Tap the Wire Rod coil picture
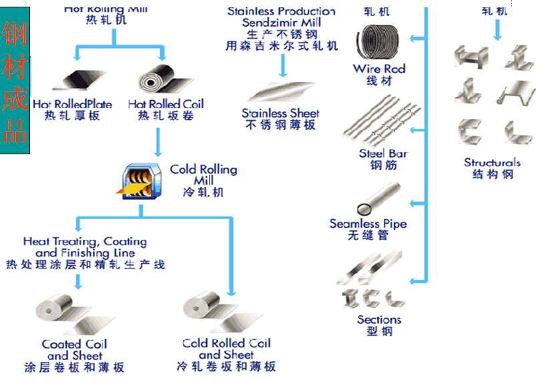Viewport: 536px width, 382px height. point(378,43)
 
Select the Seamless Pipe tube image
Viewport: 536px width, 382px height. point(377,198)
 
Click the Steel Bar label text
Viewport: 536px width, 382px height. point(382,154)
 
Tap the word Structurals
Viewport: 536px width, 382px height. point(492,162)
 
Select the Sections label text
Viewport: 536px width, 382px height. point(378,319)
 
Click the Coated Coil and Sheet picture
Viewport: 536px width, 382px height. point(70,315)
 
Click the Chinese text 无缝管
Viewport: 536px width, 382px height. point(368,236)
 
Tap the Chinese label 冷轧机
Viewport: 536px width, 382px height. point(203,192)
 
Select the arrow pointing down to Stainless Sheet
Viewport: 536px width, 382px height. point(282,65)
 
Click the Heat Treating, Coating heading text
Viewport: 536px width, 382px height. point(85,241)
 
